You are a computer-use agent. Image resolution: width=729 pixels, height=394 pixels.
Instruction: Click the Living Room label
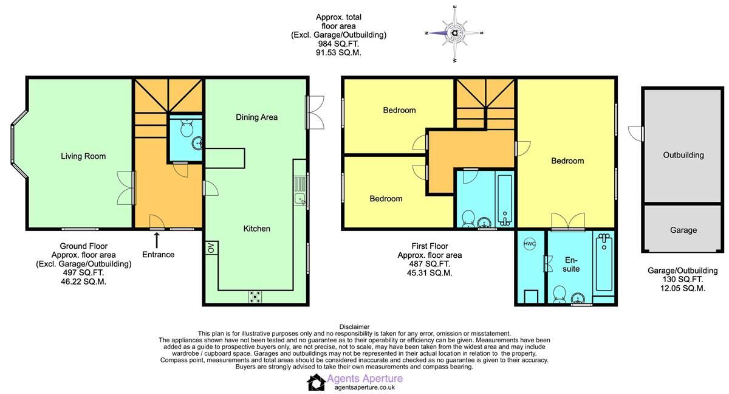83,156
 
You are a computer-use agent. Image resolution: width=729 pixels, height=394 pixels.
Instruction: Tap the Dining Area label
256,117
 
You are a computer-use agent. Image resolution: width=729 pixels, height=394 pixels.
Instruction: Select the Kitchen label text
256,229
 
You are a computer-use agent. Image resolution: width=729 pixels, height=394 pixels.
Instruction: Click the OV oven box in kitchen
211,248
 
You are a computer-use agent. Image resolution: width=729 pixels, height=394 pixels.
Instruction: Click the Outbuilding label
683,155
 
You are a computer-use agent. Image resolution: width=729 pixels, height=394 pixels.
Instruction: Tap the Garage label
683,230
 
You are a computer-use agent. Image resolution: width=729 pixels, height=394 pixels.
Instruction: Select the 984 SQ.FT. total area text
338,44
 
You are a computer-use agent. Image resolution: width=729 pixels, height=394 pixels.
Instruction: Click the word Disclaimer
354,327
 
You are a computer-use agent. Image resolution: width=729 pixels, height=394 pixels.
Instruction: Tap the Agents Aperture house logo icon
316,382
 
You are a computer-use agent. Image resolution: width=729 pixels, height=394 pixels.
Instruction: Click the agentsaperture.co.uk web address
361,387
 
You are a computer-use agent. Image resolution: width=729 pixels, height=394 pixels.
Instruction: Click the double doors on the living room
125,187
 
